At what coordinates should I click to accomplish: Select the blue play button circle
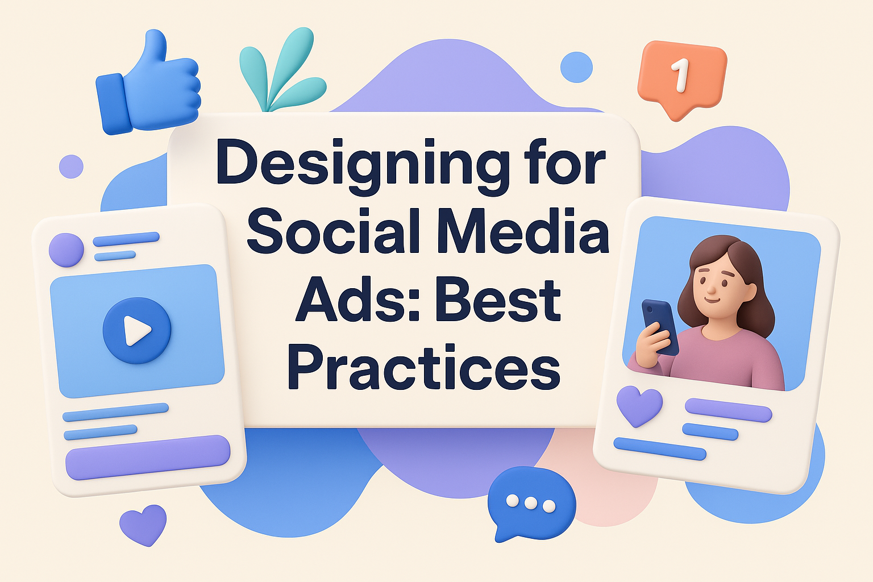137,331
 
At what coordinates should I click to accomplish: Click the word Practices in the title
423,367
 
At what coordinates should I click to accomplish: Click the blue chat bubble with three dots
531,504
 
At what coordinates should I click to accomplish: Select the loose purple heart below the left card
143,524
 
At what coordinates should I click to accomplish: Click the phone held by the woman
660,327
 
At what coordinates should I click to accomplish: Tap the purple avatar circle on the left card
66,250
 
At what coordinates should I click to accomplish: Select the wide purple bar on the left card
148,458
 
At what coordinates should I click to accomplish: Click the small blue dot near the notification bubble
576,67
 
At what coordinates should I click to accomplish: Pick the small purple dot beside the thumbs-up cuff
71,167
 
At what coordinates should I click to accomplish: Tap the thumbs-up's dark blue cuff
114,104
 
